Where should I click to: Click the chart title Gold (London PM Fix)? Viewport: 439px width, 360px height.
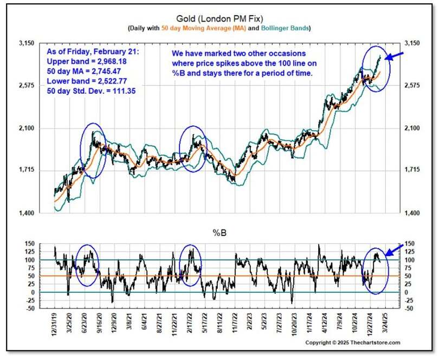(x=219, y=18)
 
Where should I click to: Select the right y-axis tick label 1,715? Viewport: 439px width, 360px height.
(x=409, y=171)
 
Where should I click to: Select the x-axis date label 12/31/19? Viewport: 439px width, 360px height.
(x=55, y=326)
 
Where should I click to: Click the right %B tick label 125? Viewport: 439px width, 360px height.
(x=406, y=252)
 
